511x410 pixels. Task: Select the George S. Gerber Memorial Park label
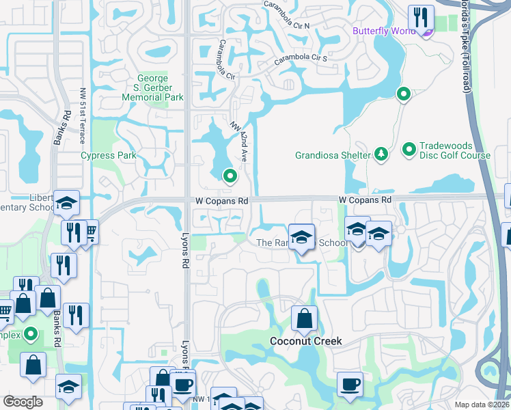(152, 88)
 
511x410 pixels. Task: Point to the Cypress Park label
(109, 155)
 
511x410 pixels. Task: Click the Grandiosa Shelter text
(332, 155)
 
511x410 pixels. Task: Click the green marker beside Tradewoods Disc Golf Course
(409, 148)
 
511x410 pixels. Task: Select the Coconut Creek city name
(305, 341)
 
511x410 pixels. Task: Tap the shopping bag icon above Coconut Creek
(304, 318)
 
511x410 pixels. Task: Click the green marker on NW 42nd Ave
(230, 177)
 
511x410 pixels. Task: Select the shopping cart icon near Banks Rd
(90, 233)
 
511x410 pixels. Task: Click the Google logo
(23, 402)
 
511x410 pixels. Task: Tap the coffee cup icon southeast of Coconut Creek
(350, 384)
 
